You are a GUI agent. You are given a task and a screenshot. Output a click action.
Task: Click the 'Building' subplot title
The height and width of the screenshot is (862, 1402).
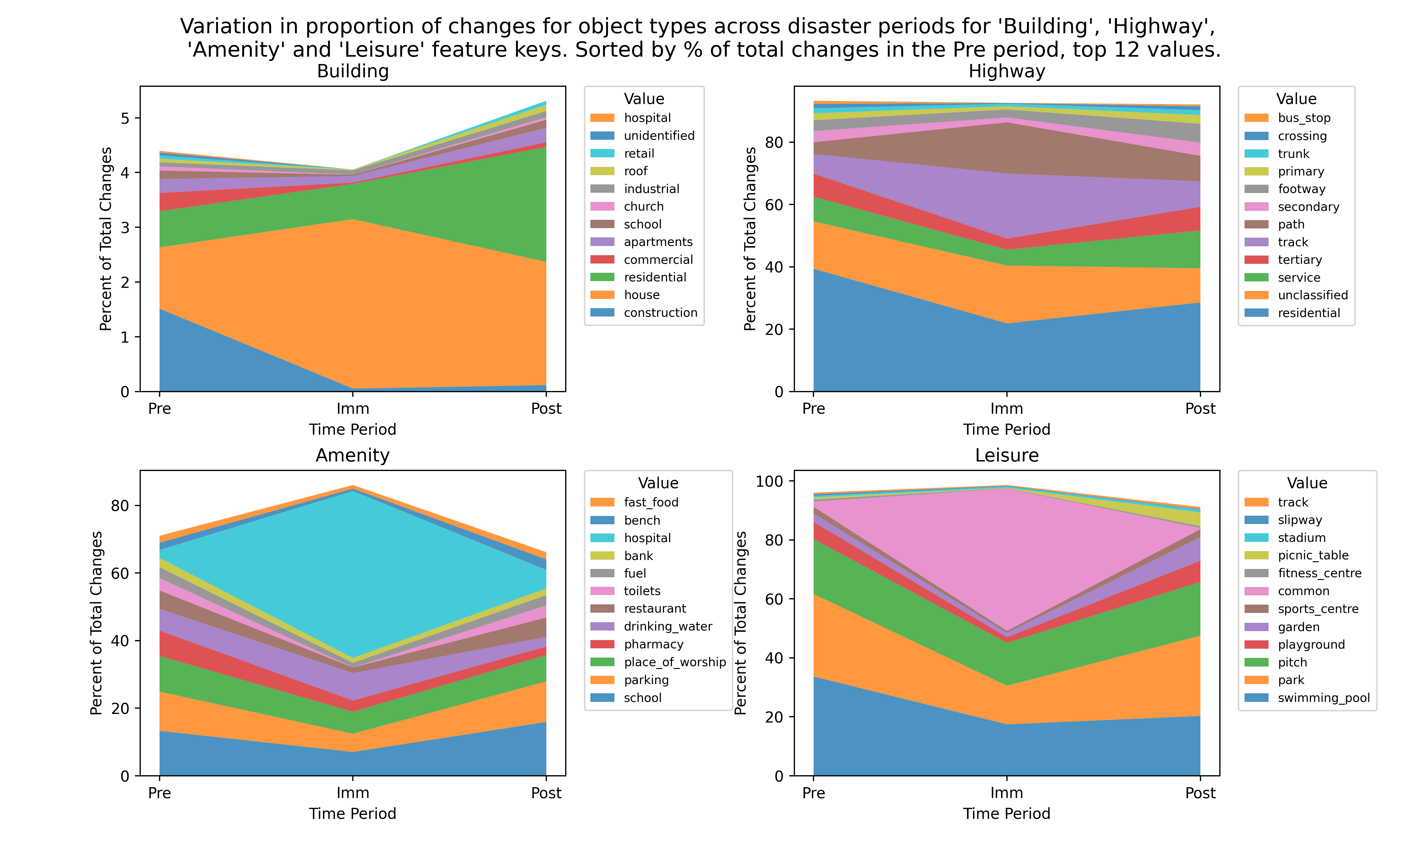pyautogui.click(x=353, y=71)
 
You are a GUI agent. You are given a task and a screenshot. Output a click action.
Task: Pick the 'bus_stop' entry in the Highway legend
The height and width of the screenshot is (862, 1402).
pyautogui.click(x=1304, y=118)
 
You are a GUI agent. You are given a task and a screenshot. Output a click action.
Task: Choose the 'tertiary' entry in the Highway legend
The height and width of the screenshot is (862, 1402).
pyautogui.click(x=1299, y=260)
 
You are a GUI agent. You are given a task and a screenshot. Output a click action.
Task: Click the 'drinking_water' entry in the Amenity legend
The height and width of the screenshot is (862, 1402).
pyautogui.click(x=668, y=626)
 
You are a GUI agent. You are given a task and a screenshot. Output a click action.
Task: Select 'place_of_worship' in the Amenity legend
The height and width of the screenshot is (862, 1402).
pyautogui.click(x=675, y=662)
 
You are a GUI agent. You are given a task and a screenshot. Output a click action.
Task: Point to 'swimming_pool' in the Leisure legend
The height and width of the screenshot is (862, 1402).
pyautogui.click(x=1323, y=698)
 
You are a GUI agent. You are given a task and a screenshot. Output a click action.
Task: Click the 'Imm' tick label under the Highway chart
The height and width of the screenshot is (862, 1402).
pyautogui.click(x=1007, y=409)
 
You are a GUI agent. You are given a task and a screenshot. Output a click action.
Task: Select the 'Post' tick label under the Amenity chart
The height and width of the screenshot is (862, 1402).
pyautogui.click(x=546, y=793)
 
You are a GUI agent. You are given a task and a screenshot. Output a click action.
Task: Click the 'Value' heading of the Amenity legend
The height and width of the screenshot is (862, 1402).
pyautogui.click(x=658, y=483)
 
